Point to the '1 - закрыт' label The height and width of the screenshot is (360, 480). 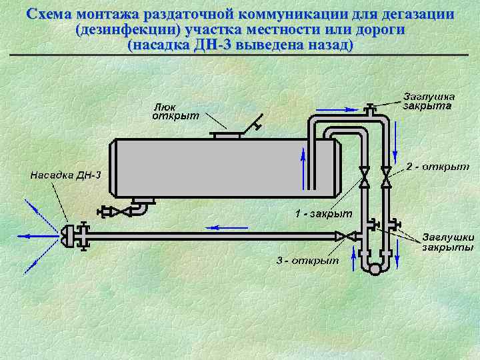coord(323,214)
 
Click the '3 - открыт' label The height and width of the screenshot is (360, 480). coord(308,259)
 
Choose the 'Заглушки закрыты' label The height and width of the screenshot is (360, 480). coord(447,242)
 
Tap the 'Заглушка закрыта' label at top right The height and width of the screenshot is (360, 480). coord(427,101)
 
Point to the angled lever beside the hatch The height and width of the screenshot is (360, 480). coord(252,124)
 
